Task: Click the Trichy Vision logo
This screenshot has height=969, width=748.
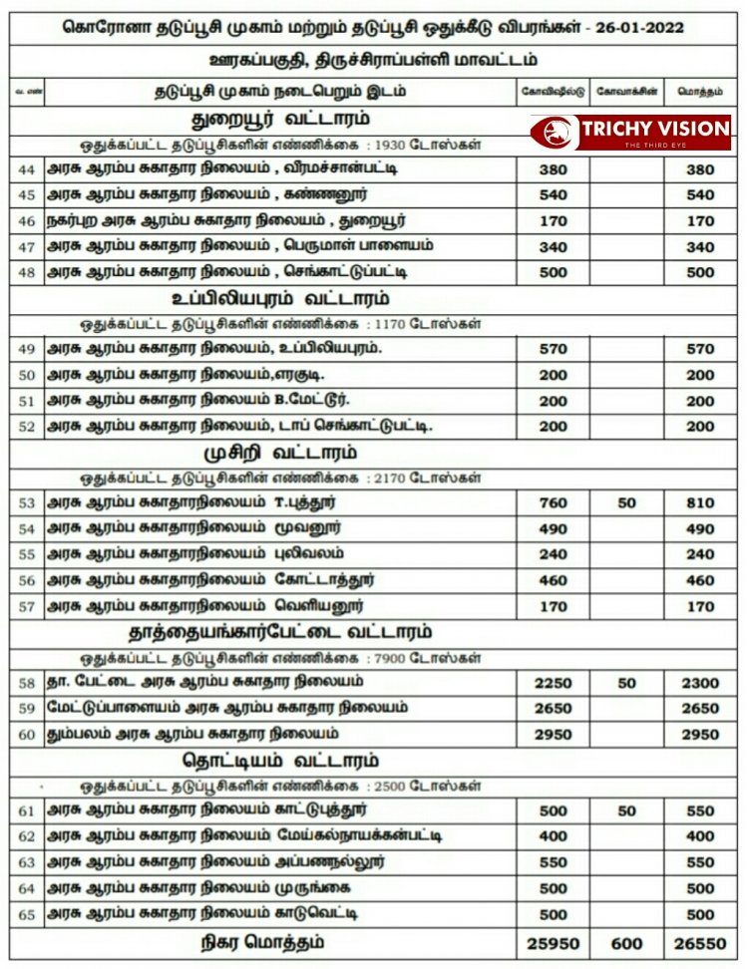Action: [x=629, y=133]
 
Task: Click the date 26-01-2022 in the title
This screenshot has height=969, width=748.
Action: [x=637, y=27]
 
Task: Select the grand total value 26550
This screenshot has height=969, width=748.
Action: [x=701, y=943]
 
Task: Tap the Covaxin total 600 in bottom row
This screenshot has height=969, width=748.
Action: [x=626, y=943]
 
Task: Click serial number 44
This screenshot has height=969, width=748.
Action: [x=27, y=169]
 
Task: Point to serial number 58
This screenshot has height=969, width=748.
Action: [x=27, y=682]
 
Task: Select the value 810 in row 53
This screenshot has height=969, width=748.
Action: [x=701, y=503]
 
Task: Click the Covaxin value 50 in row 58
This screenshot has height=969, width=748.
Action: [x=626, y=682]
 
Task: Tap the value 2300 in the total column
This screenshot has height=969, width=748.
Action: [x=701, y=682]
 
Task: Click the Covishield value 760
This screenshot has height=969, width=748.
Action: [x=553, y=503]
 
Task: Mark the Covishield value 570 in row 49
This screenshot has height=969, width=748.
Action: [x=553, y=349]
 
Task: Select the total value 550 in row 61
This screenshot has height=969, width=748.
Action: [x=701, y=810]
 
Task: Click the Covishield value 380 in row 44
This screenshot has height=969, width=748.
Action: [x=553, y=169]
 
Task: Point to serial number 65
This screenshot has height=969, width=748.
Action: [x=27, y=914]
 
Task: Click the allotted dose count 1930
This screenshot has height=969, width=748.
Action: [x=382, y=146]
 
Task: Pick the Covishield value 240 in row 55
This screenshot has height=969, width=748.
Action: [x=553, y=555]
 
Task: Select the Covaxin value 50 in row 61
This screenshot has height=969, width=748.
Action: [x=626, y=810]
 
